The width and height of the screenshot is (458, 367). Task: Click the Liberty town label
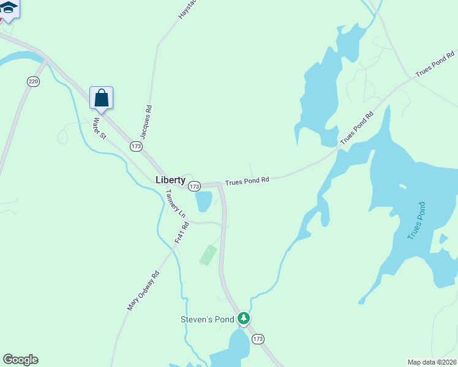(170, 180)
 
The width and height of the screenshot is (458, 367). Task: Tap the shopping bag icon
(102, 98)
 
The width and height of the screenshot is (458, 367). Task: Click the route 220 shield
(33, 81)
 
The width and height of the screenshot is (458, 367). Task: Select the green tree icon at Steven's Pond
(244, 318)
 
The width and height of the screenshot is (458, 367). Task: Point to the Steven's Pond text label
(207, 319)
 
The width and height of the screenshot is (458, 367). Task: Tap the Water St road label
(99, 128)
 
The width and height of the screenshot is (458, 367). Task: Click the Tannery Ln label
(175, 204)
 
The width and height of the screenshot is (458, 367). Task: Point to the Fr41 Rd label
(182, 233)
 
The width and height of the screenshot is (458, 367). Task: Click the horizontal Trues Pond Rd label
(247, 181)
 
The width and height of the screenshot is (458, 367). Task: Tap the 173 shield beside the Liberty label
(194, 186)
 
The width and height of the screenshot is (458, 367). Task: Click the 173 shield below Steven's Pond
(258, 339)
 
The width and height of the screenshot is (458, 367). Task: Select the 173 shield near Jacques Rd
(136, 147)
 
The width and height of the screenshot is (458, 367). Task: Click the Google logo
(20, 360)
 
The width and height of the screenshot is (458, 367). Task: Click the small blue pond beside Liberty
(204, 201)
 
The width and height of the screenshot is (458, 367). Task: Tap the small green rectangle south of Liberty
(208, 255)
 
